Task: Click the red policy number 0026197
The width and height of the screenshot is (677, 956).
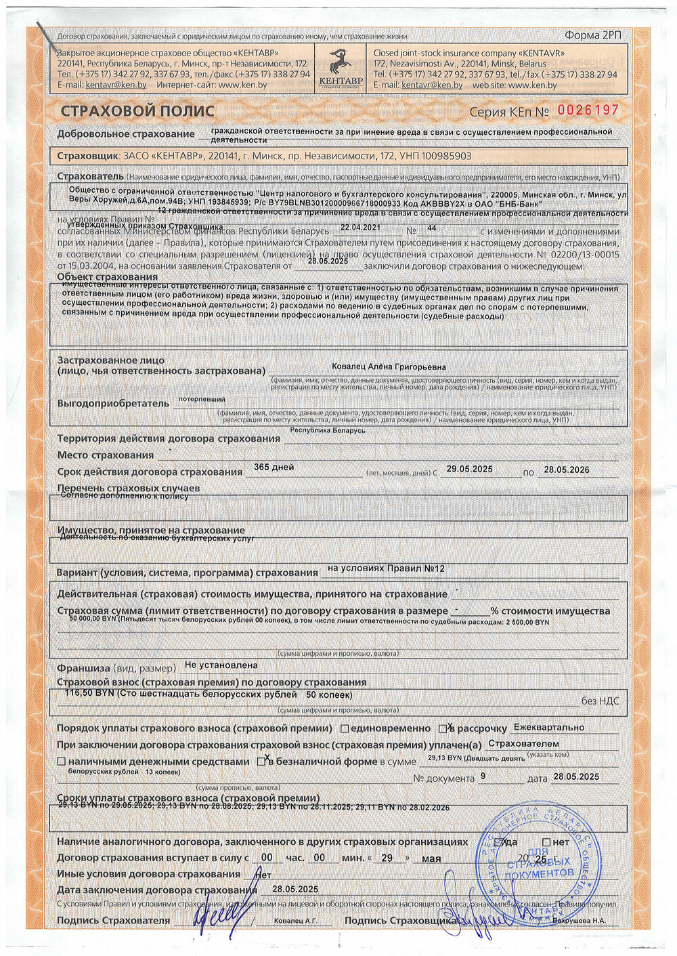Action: click(x=588, y=110)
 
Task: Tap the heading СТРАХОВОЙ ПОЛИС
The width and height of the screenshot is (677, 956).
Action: click(x=137, y=111)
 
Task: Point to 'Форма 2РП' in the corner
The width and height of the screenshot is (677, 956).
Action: click(x=592, y=35)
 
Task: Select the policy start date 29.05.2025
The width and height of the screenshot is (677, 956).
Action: click(x=469, y=469)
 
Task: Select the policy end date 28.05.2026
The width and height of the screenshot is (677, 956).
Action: click(x=566, y=470)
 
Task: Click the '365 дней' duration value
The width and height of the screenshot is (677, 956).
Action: click(x=274, y=467)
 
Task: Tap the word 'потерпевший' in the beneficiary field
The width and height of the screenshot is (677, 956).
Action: click(x=202, y=399)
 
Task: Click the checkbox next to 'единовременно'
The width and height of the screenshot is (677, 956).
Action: click(x=345, y=729)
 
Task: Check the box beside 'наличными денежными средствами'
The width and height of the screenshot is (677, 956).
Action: click(x=62, y=762)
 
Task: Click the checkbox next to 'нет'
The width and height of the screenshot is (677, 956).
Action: click(x=546, y=842)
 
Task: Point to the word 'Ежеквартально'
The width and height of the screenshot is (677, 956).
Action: click(x=549, y=727)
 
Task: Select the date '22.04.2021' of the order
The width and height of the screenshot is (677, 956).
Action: click(x=360, y=228)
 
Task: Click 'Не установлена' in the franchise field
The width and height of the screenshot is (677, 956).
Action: click(x=221, y=665)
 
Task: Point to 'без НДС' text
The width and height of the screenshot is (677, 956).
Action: click(x=600, y=701)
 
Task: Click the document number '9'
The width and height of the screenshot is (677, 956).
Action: click(x=483, y=776)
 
